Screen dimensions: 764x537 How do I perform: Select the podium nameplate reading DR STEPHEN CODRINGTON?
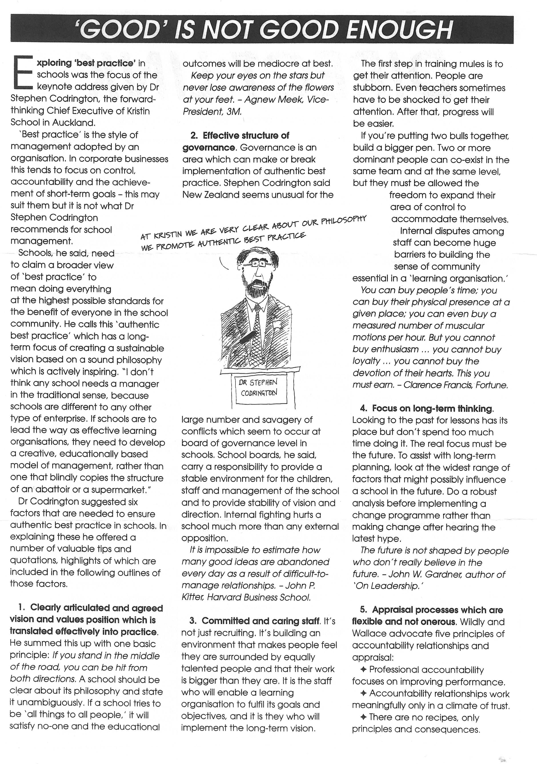[258, 387]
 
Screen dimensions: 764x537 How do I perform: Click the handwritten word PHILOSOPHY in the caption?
[343, 220]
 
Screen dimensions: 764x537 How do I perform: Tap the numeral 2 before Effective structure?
[194, 135]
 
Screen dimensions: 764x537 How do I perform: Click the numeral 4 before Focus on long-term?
[363, 408]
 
